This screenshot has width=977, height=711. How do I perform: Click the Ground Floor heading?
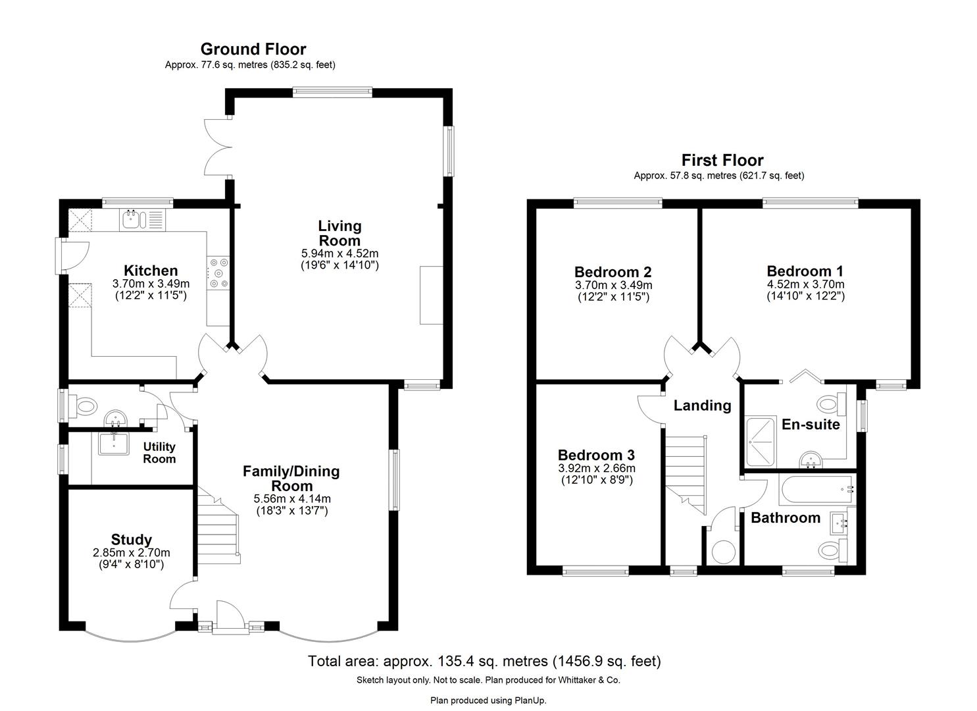coord(253,49)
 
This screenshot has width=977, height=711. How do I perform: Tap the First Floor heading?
coord(722,160)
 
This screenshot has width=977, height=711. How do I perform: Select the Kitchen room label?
coord(151,270)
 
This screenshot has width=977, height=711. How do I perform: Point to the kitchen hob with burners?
coord(218,273)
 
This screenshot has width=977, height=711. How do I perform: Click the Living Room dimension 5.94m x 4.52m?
coord(339,253)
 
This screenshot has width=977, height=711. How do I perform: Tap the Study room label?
coord(132,539)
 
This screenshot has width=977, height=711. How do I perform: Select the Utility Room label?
coord(159,453)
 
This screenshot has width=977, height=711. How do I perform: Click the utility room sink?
coord(113,444)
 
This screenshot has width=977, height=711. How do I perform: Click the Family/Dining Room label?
coord(291,479)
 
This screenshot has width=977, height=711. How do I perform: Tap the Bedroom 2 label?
coord(613,272)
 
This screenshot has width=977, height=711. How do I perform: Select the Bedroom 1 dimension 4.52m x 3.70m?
coord(805,284)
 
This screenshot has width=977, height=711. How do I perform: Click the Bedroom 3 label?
coord(596,455)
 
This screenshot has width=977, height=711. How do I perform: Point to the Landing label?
coord(702,406)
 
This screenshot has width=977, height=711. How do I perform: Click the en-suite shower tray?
coord(761,441)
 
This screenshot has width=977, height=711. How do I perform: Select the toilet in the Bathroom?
coord(833,550)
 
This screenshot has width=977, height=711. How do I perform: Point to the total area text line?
coord(484,661)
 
